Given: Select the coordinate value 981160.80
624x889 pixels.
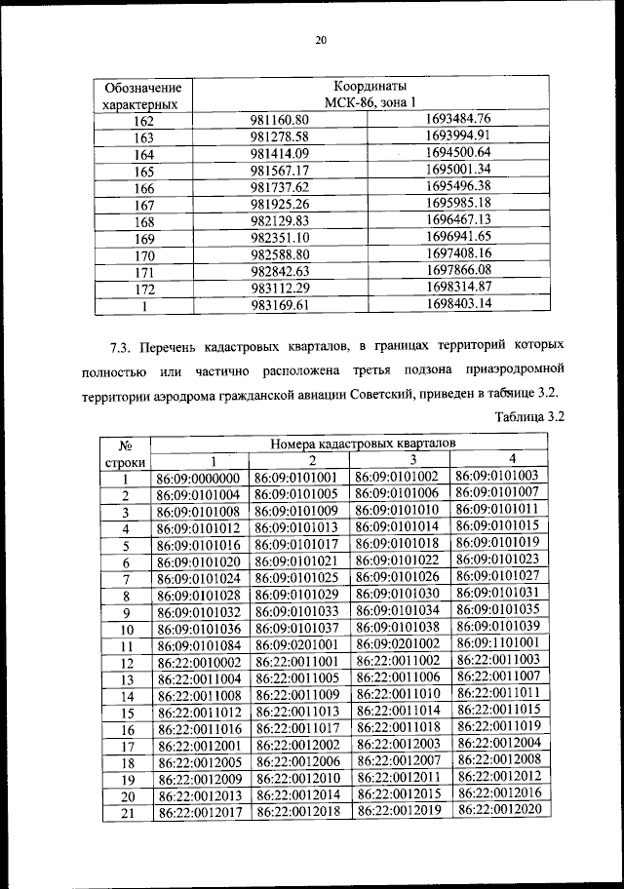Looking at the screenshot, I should point(280,121).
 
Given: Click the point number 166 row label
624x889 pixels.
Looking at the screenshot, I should point(144,188).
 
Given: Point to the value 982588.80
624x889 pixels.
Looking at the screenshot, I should point(280,254).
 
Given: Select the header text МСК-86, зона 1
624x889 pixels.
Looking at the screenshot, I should point(370,101).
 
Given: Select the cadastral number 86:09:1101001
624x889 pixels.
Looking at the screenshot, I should point(497,644).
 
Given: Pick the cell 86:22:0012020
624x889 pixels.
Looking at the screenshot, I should point(497,809).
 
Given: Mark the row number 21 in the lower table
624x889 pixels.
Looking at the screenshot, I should point(126,811).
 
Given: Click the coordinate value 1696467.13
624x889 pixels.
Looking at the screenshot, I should point(464,220).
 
